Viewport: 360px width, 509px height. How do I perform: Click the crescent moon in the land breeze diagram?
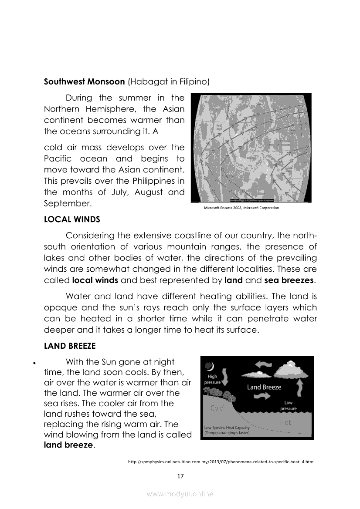211,367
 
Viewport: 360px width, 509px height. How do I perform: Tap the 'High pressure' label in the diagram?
212,379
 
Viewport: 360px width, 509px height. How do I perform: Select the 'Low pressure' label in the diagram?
289,406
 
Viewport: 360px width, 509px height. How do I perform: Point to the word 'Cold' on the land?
217,408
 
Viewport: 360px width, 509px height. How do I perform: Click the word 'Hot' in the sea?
285,422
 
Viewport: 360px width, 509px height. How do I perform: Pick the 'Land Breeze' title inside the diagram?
264,387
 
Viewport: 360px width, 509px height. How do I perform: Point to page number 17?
180,476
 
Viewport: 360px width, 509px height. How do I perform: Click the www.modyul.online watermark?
180,494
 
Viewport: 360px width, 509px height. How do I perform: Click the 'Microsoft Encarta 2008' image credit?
241,208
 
